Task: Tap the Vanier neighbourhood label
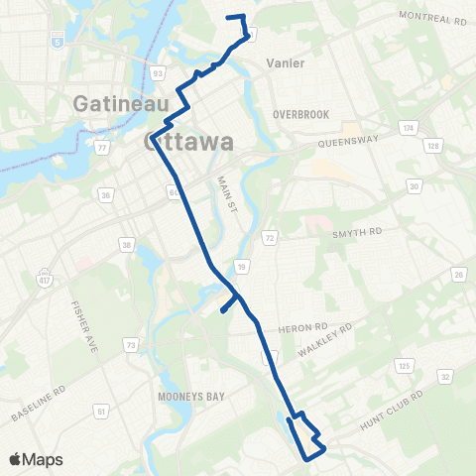pos(284,63)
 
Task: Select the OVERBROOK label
pos(300,114)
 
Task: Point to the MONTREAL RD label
pos(431,18)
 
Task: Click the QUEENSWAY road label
pos(348,142)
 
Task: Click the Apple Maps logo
pos(36,459)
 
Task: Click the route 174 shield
pos(407,129)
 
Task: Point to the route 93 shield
pos(158,71)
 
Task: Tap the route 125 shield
pos(404,366)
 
